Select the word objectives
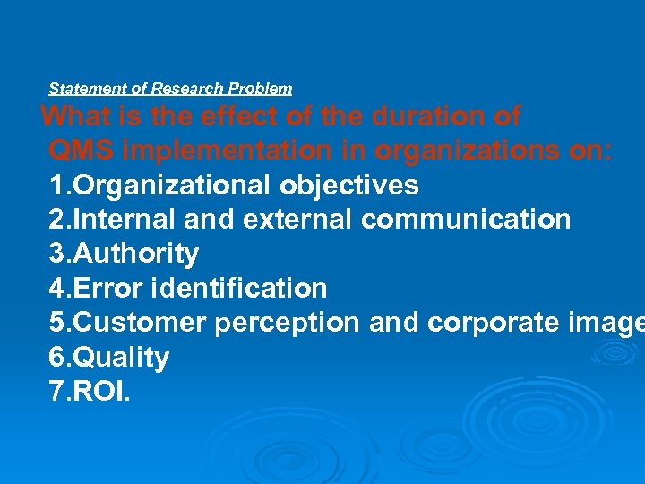(x=349, y=186)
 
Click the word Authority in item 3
(x=135, y=254)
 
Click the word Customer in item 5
(x=141, y=323)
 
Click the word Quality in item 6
(x=120, y=358)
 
